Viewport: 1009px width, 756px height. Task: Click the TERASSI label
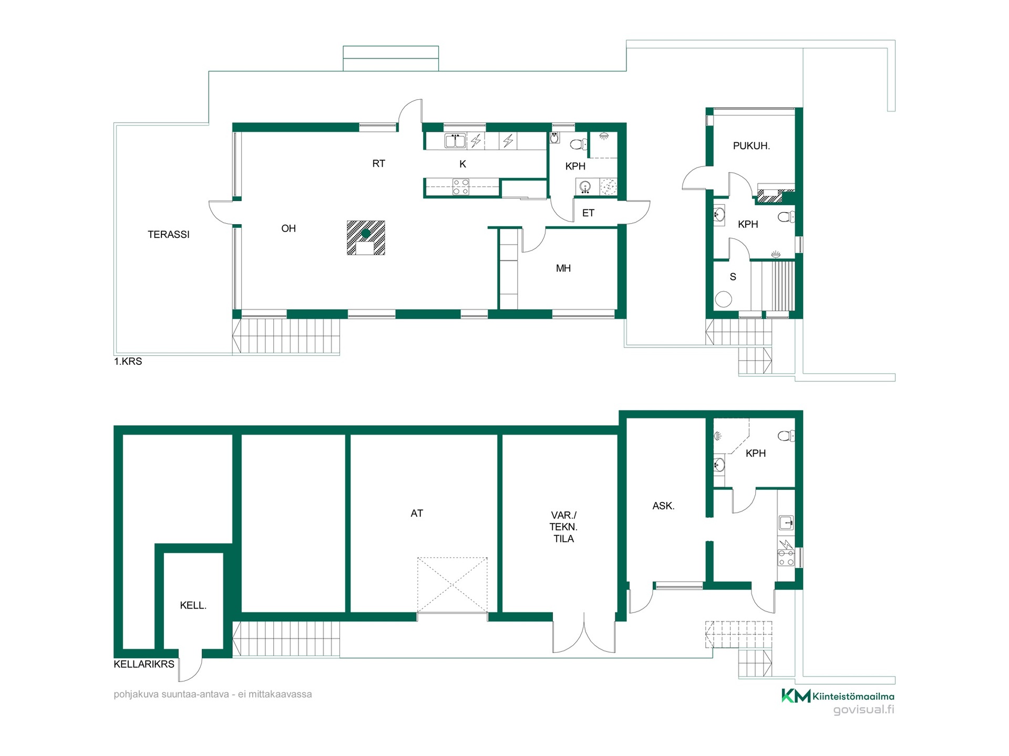(x=168, y=235)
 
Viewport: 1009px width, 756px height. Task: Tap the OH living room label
(x=289, y=228)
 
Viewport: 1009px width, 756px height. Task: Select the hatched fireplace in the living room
(x=366, y=238)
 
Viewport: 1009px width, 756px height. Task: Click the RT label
(x=378, y=164)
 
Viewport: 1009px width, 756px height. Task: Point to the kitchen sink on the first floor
(x=455, y=141)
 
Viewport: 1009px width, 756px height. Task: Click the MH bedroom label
(x=563, y=268)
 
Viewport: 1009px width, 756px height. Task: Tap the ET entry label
(x=588, y=213)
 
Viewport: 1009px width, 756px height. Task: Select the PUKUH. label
(x=751, y=146)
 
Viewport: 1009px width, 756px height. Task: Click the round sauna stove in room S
(x=724, y=299)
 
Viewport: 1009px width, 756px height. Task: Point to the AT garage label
(x=417, y=513)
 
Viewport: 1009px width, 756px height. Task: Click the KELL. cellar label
(x=193, y=605)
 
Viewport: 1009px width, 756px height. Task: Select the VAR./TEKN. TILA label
(x=563, y=527)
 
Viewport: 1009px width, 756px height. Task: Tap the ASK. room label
(x=663, y=506)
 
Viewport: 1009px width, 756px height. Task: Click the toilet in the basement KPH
(x=786, y=436)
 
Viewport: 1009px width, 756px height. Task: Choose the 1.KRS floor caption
(x=128, y=362)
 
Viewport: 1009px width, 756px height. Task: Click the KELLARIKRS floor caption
(x=144, y=664)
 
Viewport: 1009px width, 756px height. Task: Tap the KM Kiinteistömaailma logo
(x=838, y=696)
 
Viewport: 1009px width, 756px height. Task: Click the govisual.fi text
(x=864, y=710)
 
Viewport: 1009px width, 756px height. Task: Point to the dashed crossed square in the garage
(x=452, y=585)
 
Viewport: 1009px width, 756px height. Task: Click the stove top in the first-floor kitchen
(x=461, y=187)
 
